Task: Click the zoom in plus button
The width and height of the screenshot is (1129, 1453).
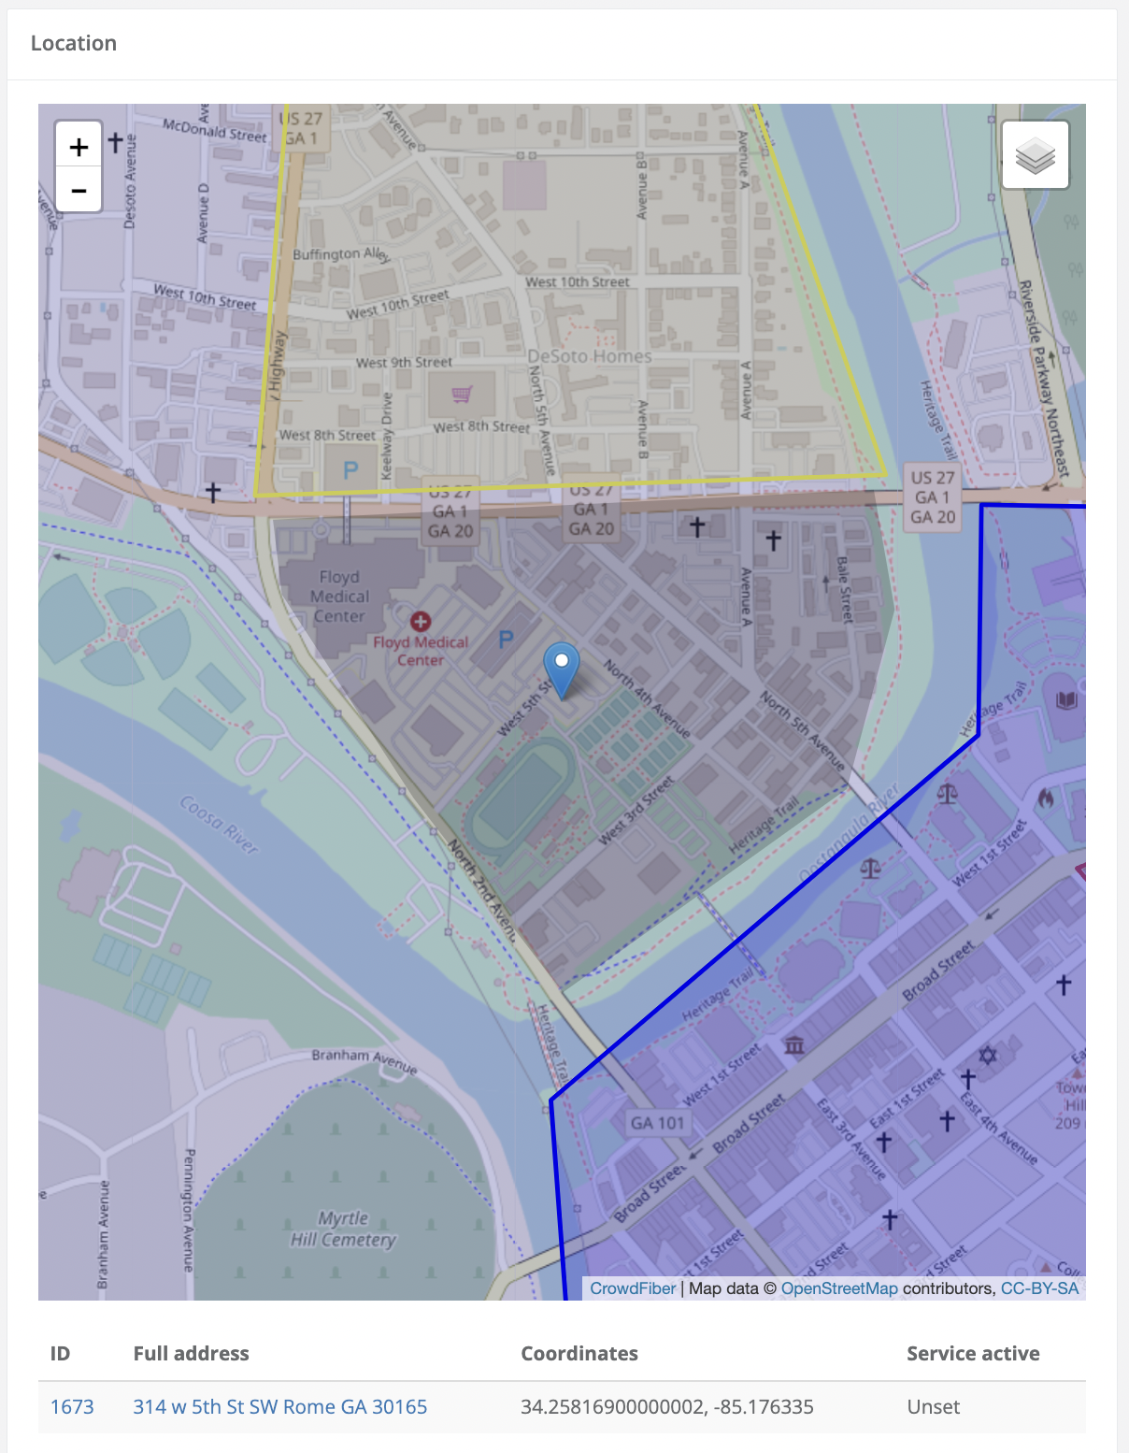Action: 79,146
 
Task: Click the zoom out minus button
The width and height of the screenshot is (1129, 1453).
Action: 79,191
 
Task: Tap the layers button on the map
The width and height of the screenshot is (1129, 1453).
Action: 1035,155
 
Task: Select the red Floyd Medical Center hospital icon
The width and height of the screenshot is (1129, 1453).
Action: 421,621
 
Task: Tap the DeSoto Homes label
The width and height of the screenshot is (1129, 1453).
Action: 589,356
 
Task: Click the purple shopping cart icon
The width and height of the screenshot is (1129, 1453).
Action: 462,394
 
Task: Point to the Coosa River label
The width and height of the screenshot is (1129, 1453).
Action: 219,824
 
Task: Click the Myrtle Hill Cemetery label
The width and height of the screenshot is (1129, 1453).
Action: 343,1230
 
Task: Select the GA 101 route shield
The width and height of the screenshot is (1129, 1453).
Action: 657,1122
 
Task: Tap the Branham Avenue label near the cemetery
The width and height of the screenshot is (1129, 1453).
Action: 364,1060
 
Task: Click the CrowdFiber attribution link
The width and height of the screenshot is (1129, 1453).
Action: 633,1288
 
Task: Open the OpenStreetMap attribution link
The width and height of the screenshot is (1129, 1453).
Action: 838,1288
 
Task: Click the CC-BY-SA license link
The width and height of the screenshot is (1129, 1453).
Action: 1039,1288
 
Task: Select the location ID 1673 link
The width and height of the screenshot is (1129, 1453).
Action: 72,1406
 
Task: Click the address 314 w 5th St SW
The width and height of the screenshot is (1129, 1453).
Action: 279,1406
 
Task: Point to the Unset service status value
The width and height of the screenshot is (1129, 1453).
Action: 933,1406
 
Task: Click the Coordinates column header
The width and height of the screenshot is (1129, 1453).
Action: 579,1353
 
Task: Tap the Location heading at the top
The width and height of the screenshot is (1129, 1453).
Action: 74,43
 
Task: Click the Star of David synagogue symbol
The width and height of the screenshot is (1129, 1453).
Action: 988,1056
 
